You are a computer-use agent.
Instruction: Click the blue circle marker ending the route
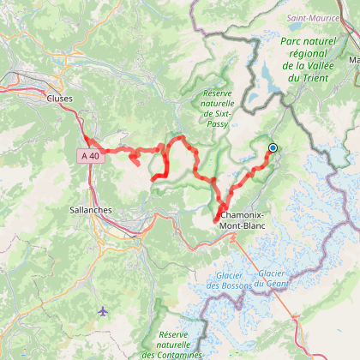pyautogui.click(x=273, y=147)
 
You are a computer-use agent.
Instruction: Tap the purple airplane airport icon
pyautogui.click(x=104, y=310)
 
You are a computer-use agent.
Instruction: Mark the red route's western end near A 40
pyautogui.click(x=87, y=136)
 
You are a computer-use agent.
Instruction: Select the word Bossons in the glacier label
pyautogui.click(x=231, y=287)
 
